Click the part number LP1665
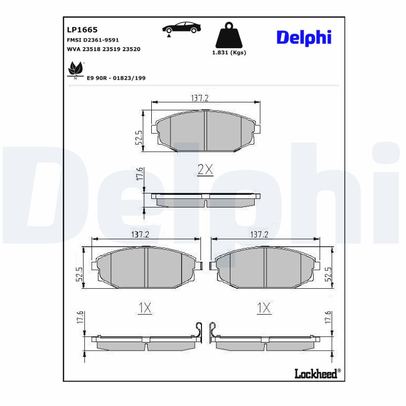coord(82,29)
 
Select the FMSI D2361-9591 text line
coord(93,40)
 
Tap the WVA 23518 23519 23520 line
coord(104,49)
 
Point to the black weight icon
coord(229,36)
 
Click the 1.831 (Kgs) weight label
coord(229,53)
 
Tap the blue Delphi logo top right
coord(304,37)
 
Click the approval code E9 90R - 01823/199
coord(116,78)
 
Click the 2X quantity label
coord(205,170)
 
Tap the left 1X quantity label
coord(145,308)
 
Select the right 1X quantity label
coord(264,308)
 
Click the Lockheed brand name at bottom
coord(316,374)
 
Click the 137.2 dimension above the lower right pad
coord(259,234)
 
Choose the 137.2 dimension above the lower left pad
coord(140,234)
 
